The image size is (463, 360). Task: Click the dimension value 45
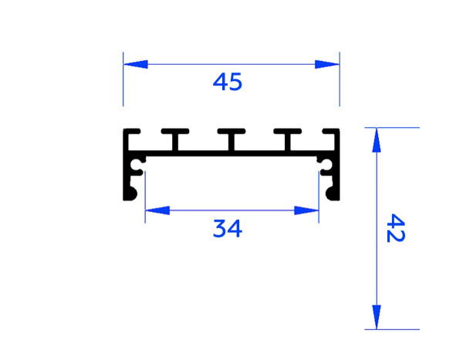tap(228, 82)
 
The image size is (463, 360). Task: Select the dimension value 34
tap(228, 228)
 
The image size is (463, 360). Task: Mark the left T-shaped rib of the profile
tap(175, 139)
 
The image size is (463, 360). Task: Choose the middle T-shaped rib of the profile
tap(231, 139)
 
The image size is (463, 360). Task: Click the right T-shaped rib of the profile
tap(286, 139)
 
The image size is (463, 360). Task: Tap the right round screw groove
tap(326, 164)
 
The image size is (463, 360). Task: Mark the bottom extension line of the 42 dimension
tap(394, 329)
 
